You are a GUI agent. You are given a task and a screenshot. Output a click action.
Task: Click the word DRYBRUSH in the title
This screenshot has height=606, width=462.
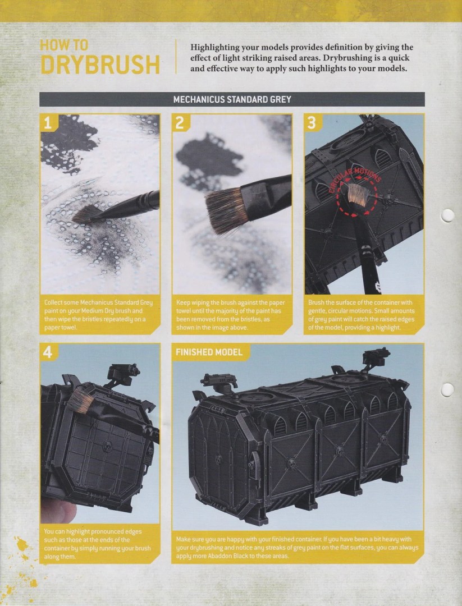pos(100,64)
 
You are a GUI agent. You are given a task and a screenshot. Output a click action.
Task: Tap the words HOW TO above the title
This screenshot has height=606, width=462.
pos(64,45)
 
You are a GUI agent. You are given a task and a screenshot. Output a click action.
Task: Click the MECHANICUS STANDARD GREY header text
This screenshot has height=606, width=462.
pos(232,99)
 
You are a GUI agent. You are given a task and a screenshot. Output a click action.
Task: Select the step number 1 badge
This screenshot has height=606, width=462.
pos(48,123)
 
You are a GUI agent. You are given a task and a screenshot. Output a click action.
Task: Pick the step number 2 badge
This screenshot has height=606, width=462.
pos(180,123)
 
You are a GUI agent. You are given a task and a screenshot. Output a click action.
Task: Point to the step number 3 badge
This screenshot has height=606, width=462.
pos(312,123)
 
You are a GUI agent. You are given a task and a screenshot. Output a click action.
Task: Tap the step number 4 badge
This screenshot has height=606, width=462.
pos(48,352)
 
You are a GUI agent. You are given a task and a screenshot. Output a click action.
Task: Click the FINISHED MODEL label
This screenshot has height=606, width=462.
pos(209,352)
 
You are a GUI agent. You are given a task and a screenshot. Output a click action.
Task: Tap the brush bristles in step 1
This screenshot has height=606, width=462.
pos(86,214)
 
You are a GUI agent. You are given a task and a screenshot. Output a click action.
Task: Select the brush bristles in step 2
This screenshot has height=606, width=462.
pos(224,210)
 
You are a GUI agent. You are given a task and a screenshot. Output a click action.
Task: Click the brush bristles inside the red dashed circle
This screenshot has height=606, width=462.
pos(356,195)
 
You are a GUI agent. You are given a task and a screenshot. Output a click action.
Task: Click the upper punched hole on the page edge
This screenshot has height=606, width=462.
pos(447,215)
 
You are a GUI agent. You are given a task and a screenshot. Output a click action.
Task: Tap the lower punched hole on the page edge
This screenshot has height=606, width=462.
pos(447,390)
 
